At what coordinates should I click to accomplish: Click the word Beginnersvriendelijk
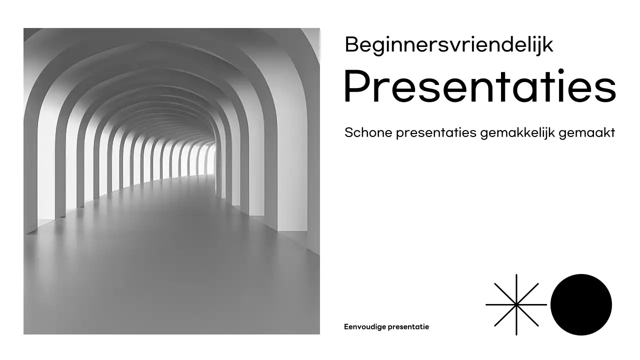point(448,45)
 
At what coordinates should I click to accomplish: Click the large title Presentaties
point(479,87)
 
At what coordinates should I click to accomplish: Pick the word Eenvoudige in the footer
point(362,327)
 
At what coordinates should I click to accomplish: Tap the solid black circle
point(581,304)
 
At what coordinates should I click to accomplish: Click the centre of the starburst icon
point(516,304)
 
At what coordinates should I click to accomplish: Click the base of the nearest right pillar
point(292,227)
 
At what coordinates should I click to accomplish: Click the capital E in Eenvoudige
point(346,327)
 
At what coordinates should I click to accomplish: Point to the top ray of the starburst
point(516,282)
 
